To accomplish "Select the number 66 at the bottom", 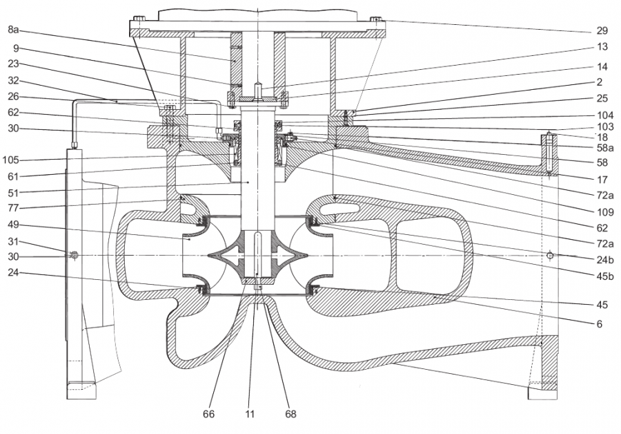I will (209, 415).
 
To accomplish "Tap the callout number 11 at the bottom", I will (250, 415).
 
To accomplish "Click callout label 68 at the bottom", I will (290, 415).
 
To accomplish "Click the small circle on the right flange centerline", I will (550, 256).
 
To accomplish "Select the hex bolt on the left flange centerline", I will (75, 256).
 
